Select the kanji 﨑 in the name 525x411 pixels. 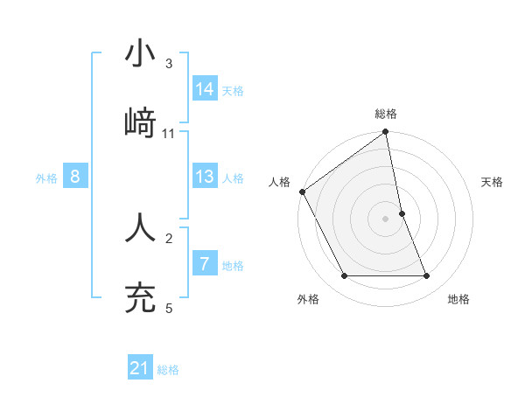tap(141, 122)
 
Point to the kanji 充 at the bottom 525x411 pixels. tap(141, 297)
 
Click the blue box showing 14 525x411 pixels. tap(205, 88)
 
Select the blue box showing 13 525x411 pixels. tap(205, 177)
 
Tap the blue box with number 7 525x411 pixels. tap(205, 264)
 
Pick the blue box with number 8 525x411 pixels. tap(75, 177)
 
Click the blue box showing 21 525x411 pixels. tap(140, 368)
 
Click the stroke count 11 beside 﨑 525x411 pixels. tap(169, 134)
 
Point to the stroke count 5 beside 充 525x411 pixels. tap(169, 308)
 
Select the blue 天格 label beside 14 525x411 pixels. tap(233, 90)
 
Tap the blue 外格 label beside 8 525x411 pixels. tap(46, 178)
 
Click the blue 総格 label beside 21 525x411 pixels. tap(168, 370)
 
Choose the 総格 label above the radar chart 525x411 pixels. tap(386, 114)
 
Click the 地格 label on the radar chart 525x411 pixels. tap(458, 299)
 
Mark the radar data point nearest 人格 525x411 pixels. tap(302, 192)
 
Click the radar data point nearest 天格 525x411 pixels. tap(402, 213)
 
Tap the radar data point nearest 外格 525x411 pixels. tap(344, 276)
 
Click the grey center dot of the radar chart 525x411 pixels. tap(386, 219)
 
